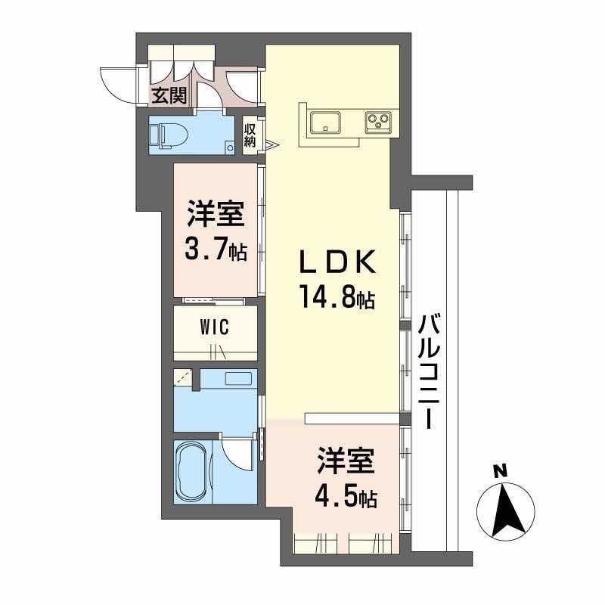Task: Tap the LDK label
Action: tap(335, 263)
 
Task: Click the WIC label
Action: tap(215, 327)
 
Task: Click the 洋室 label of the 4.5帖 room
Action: tap(347, 462)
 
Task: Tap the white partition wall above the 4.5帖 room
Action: tap(351, 418)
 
